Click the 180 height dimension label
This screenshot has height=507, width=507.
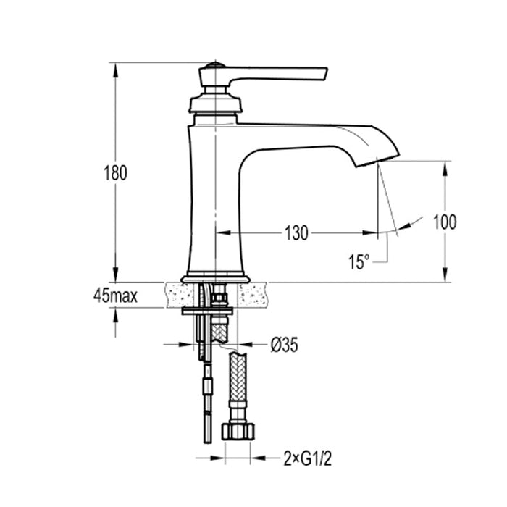115,173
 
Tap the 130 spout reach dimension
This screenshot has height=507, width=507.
296,233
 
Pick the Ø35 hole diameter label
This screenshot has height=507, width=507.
284,345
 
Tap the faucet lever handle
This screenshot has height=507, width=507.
279,74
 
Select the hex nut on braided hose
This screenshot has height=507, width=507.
240,430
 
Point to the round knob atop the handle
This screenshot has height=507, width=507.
211,67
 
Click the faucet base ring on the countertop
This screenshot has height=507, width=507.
215,278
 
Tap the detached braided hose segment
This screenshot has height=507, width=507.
240,384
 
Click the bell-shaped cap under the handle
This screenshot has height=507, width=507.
214,101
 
